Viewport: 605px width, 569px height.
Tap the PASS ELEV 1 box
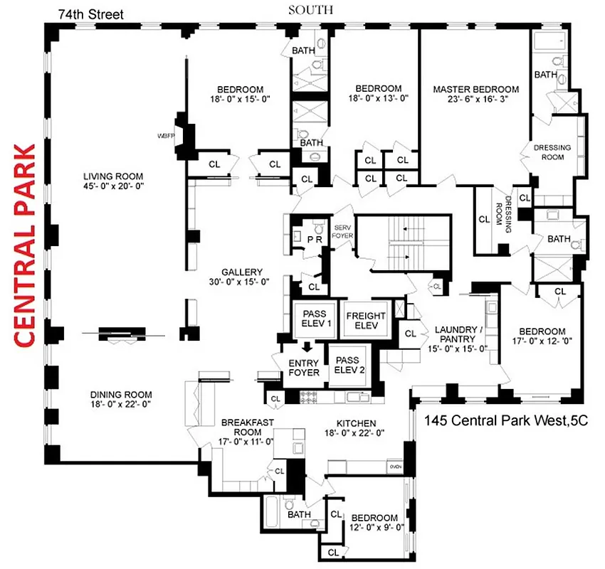pyautogui.click(x=318, y=319)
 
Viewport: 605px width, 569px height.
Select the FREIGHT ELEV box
pyautogui.click(x=366, y=321)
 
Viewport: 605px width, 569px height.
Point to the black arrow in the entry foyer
pyautogui.click(x=307, y=348)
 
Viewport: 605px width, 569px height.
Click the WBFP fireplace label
pyautogui.click(x=165, y=134)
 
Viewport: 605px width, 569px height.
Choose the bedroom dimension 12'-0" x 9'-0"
pyautogui.click(x=375, y=528)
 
